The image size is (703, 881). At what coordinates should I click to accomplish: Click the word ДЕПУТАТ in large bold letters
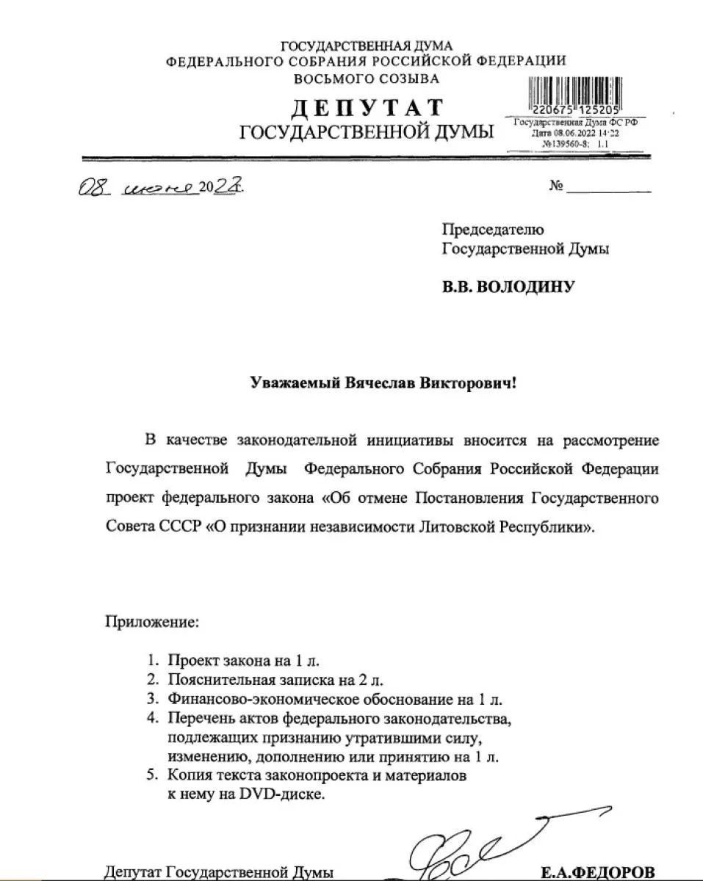coord(367,108)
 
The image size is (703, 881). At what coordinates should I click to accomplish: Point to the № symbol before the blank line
coord(555,186)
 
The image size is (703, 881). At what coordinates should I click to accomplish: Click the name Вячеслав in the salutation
coord(376,383)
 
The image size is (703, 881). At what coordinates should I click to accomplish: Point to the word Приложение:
coord(152,623)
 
